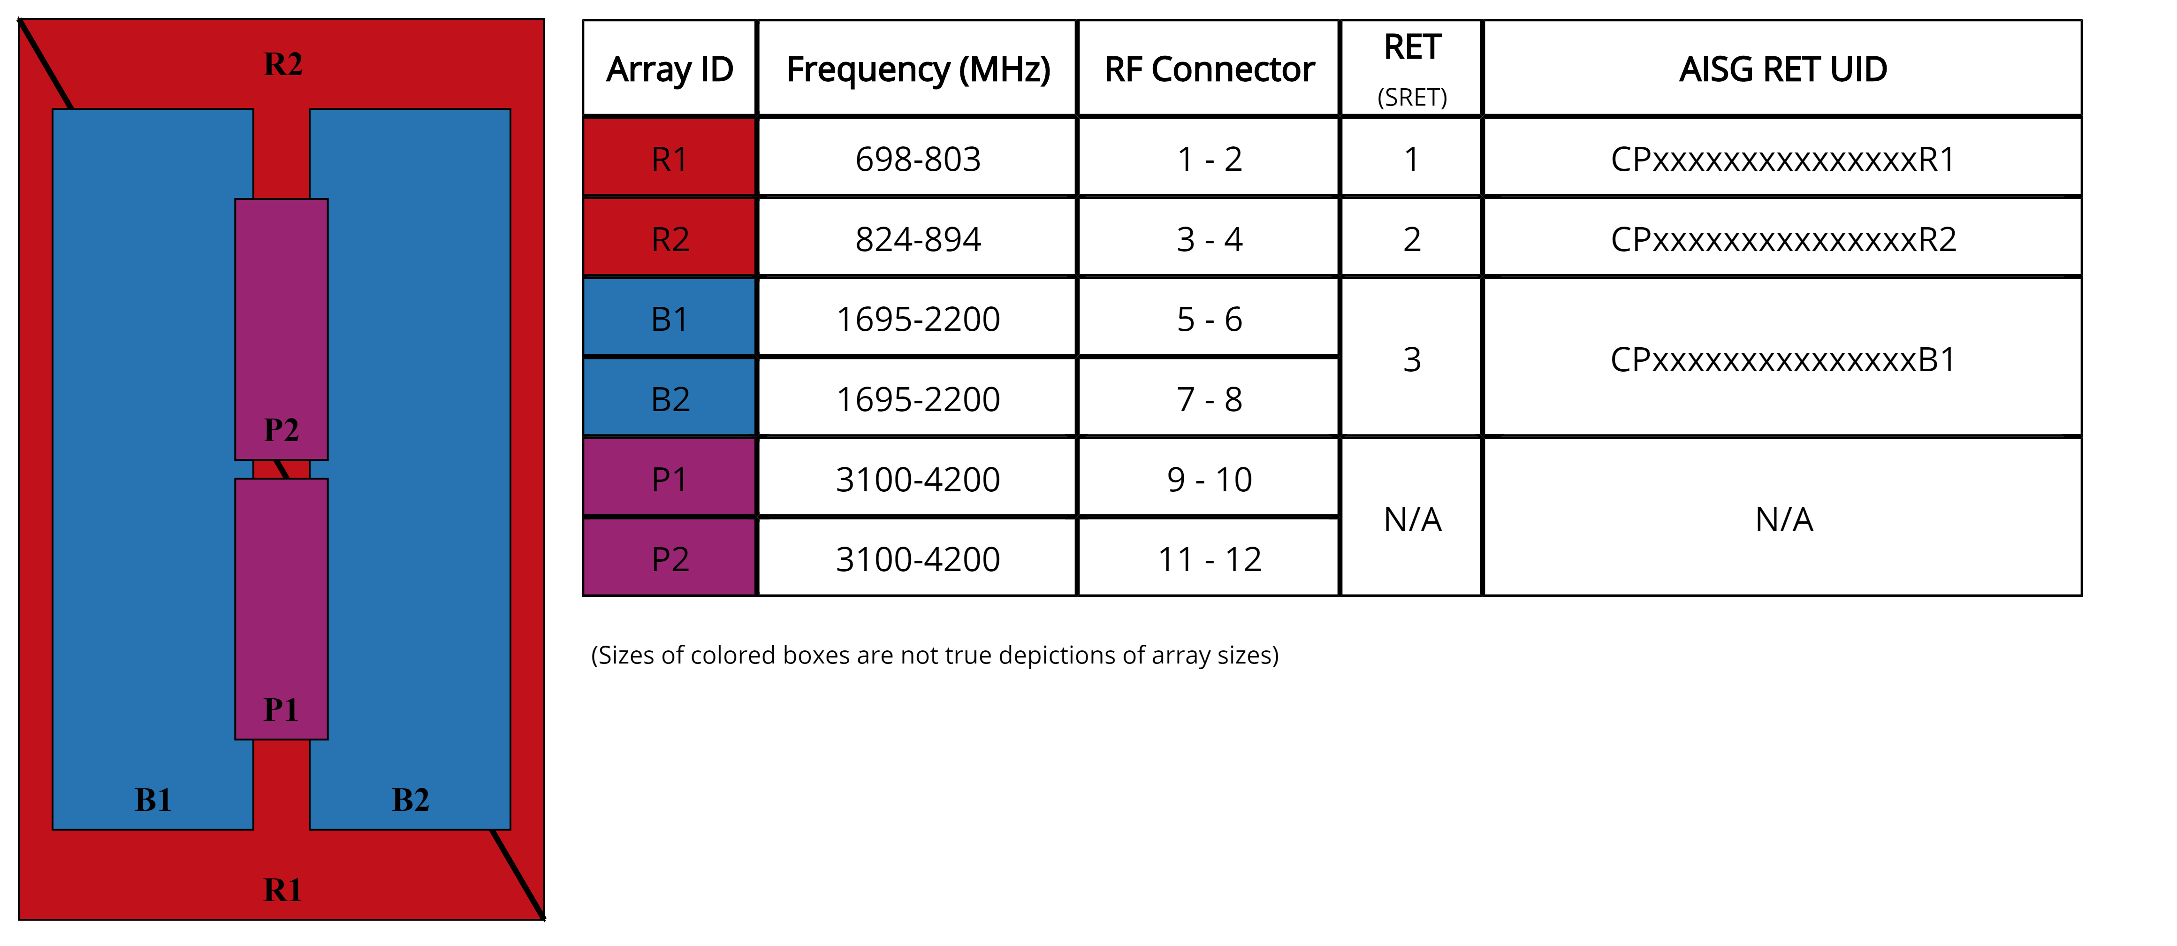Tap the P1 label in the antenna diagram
point(282,709)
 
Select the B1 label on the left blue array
point(153,799)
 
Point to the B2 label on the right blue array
point(411,799)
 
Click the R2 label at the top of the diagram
point(283,64)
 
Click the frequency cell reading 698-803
point(918,159)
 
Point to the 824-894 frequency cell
point(918,239)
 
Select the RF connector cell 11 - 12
point(1210,559)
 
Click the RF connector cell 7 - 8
point(1210,399)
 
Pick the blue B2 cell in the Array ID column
point(670,398)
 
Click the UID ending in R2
point(1783,239)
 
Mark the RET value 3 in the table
point(1411,359)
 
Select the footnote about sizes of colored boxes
point(935,655)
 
